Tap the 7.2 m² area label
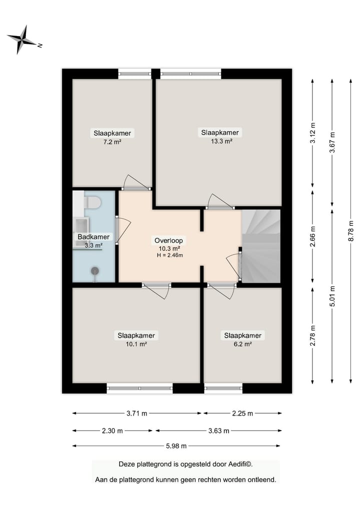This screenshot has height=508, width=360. click(x=112, y=142)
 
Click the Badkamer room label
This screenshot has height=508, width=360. click(x=93, y=237)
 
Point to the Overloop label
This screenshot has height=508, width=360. click(x=168, y=241)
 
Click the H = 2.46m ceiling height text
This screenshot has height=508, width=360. click(x=169, y=255)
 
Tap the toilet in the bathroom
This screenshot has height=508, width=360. click(x=92, y=203)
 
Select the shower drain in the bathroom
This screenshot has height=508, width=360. click(x=94, y=271)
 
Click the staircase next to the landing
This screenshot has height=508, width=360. click(x=261, y=246)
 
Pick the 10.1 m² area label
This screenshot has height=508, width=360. click(x=136, y=344)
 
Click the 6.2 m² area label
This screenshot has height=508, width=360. click(x=242, y=344)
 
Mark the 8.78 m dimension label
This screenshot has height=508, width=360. click(x=351, y=231)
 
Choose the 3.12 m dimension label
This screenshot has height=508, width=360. click(x=312, y=133)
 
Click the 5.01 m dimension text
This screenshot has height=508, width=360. click(x=332, y=296)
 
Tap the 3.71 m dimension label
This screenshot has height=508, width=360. click(x=137, y=414)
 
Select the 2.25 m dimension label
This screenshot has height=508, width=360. click(x=242, y=414)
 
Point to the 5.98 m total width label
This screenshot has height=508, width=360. click(x=176, y=446)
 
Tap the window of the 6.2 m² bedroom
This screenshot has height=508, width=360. click(x=223, y=388)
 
